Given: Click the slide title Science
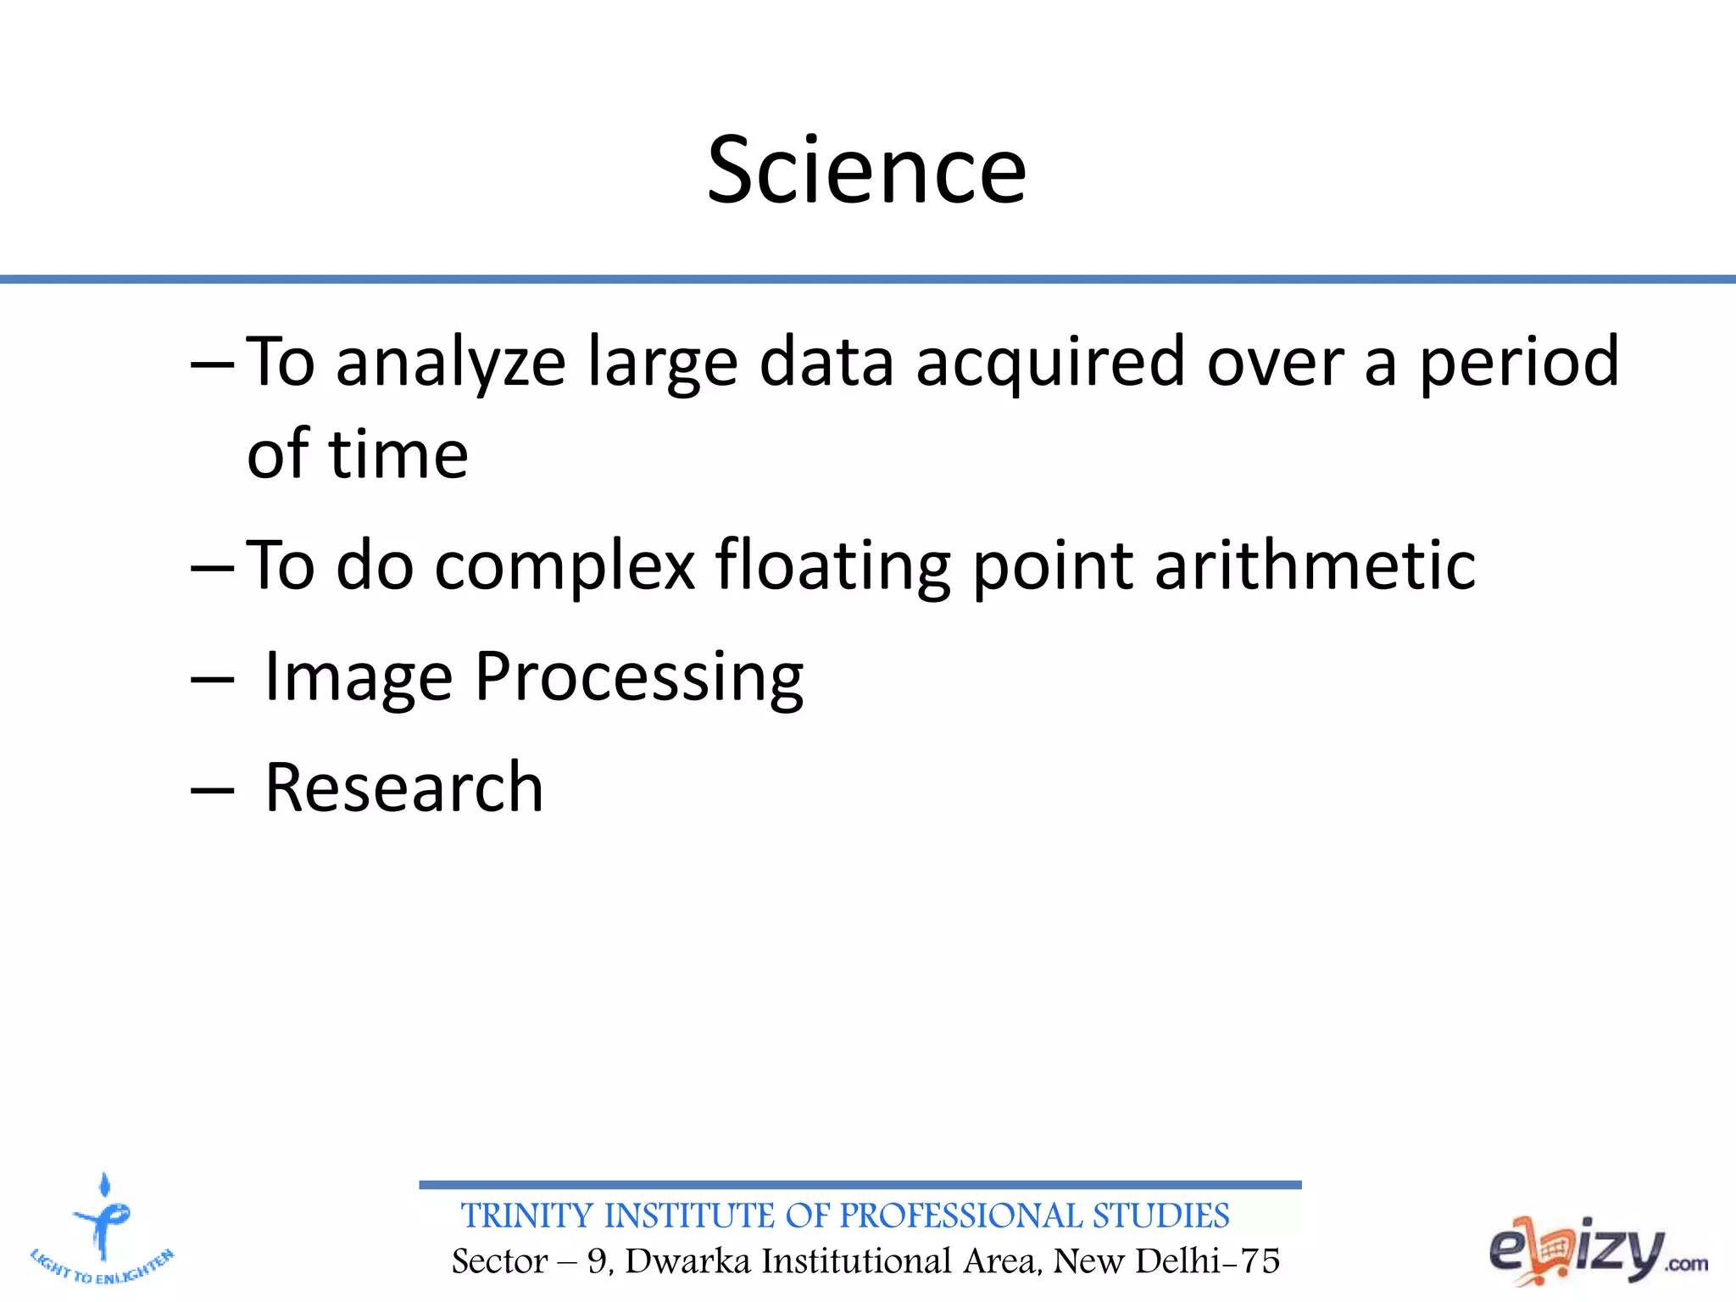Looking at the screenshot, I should coord(866,171).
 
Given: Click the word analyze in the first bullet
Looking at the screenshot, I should coord(450,363).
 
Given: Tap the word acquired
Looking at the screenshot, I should coord(1049,363).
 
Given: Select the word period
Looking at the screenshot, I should coord(1519,363).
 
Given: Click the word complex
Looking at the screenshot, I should coord(565,565).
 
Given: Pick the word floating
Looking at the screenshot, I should coord(832,565).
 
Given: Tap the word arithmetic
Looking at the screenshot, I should coord(1315,565).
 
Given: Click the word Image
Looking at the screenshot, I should coord(359,677).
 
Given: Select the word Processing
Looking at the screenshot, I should coord(639,677).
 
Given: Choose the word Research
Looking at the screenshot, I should coord(403,787).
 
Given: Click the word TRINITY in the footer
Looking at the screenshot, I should coord(526,1216).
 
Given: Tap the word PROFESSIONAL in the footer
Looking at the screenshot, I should coord(960,1216).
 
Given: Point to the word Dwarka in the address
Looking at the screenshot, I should coord(687,1261).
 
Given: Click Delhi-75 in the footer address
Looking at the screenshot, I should coord(1207,1261).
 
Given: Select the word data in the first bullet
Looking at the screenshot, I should coord(826,363).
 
